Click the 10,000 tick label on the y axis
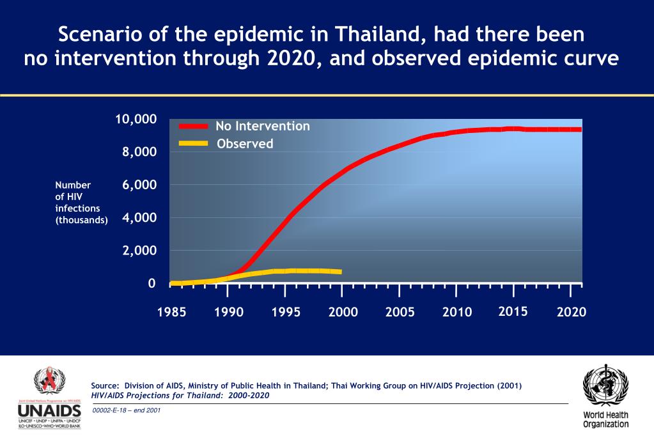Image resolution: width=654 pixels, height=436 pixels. tap(136, 120)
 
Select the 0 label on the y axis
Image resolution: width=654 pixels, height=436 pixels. tap(152, 283)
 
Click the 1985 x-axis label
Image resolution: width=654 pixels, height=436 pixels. tap(171, 312)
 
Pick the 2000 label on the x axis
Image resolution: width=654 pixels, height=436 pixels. tap(343, 312)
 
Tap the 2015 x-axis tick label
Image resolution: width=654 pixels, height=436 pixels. tap(513, 311)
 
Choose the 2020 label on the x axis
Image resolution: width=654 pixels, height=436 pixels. tap(571, 312)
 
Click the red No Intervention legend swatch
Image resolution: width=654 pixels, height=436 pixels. tap(193, 126)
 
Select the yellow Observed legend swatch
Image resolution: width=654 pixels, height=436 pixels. tap(193, 143)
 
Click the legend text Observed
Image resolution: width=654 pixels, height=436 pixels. tap(245, 144)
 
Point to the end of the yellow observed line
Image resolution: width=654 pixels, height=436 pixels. tap(340, 272)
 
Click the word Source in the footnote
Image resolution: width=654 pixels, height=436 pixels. tap(105, 385)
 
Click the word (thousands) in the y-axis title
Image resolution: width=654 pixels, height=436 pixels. tap(82, 219)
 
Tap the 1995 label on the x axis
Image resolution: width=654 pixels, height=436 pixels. tap(285, 312)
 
